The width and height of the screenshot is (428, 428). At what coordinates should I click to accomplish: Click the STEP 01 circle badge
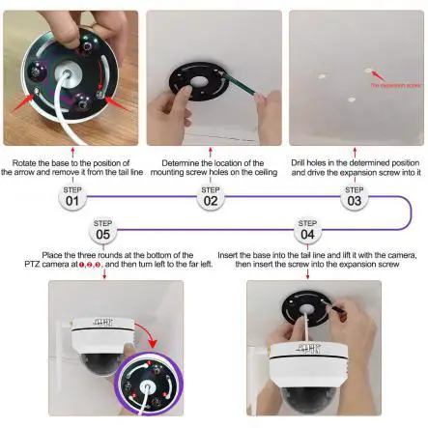tap(71, 200)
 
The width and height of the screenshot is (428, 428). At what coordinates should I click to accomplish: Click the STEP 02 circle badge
tap(210, 200)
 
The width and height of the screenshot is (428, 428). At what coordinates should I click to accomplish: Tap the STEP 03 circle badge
tap(355, 200)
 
